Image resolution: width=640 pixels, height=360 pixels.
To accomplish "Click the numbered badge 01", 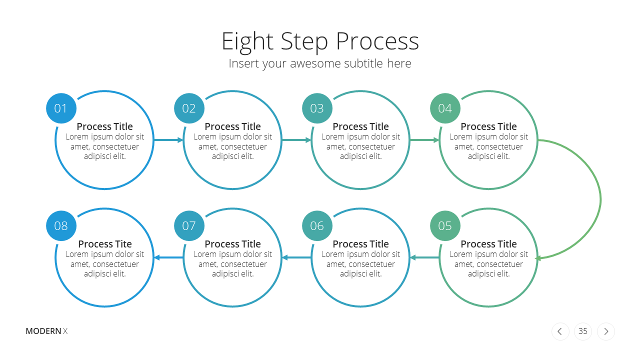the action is tap(61, 108).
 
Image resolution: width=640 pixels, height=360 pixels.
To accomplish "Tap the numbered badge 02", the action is tap(189, 108).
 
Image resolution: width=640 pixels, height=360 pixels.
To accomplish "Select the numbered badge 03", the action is tap(317, 108).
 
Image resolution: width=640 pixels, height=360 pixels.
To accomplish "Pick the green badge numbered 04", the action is tap(445, 108).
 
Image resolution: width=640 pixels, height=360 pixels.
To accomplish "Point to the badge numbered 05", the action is tap(445, 225).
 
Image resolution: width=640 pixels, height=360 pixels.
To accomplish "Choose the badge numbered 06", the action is tap(317, 225).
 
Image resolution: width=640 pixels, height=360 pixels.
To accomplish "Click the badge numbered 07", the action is tap(189, 225).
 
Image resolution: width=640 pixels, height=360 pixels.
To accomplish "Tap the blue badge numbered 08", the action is tap(61, 225).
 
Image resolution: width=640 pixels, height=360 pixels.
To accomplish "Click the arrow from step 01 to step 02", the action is tap(168, 140).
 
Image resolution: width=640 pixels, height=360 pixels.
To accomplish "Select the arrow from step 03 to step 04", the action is tap(424, 140).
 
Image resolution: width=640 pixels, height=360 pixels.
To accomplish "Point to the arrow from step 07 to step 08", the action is tap(168, 257).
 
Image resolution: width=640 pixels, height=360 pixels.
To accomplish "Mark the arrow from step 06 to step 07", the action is tap(296, 257).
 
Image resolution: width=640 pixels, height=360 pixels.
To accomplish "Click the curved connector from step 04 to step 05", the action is tap(600, 199).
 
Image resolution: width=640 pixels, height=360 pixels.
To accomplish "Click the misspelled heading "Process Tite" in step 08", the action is tap(105, 244).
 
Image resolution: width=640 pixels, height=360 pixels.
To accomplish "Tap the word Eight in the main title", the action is tap(247, 41).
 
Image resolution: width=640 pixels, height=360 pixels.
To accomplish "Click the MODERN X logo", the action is tap(46, 331).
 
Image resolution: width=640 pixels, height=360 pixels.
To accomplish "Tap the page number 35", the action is tap(583, 331).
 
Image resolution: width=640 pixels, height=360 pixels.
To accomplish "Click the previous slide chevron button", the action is tap(560, 331).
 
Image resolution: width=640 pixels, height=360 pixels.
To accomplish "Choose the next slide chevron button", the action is tap(605, 331).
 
